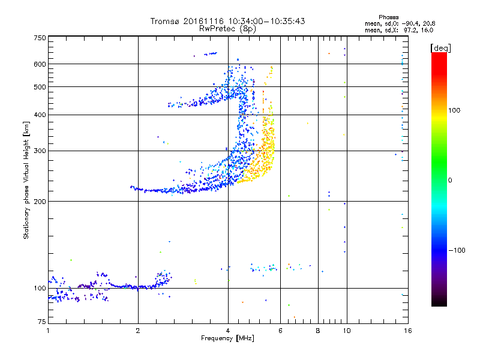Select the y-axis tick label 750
coord(40,38)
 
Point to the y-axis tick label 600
coord(40,64)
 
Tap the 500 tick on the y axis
coord(40,87)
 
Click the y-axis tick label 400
coord(40,115)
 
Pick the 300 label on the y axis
coord(40,151)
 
